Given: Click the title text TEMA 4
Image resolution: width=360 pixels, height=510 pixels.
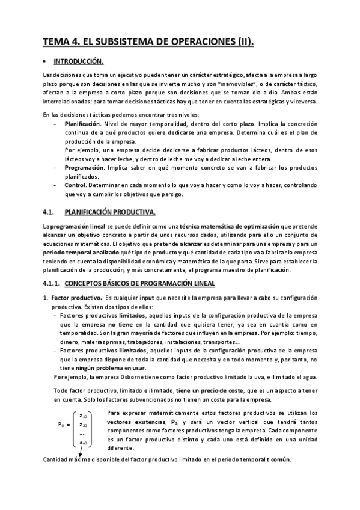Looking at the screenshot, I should (61, 41).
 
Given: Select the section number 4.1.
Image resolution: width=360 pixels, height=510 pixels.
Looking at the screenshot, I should (49, 211).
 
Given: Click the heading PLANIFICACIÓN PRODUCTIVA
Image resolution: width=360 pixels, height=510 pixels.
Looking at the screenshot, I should (109, 211).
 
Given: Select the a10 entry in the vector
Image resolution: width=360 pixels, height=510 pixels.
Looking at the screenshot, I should (84, 416).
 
